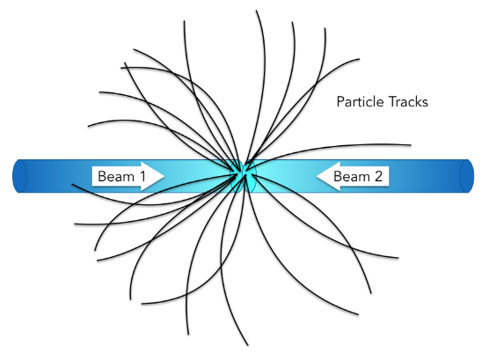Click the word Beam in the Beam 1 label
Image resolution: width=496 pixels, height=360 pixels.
116,176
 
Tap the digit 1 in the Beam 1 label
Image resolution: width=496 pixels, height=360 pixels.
142,176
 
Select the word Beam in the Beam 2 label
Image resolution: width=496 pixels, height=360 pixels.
352,176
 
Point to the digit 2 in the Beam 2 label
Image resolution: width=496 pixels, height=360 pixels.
378,176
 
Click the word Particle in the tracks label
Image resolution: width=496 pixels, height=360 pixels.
360,101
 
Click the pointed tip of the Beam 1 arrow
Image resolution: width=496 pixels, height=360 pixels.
164,176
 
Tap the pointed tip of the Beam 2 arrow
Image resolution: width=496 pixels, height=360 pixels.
317,176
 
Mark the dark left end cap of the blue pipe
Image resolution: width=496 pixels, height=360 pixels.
19,176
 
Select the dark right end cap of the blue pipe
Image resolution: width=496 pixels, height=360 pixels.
467,176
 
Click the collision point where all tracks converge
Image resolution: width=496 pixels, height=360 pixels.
244,173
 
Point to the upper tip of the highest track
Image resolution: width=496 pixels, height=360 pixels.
256,11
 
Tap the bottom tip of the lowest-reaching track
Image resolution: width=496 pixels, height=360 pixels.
248,345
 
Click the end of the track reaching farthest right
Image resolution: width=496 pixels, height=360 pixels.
411,145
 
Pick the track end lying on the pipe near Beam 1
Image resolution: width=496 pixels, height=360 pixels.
72,184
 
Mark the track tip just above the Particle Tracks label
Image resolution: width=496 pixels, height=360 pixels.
359,59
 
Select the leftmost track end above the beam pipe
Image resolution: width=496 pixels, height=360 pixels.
88,127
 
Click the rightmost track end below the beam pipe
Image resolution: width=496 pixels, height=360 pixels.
398,258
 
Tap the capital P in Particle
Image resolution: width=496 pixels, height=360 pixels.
340,101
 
